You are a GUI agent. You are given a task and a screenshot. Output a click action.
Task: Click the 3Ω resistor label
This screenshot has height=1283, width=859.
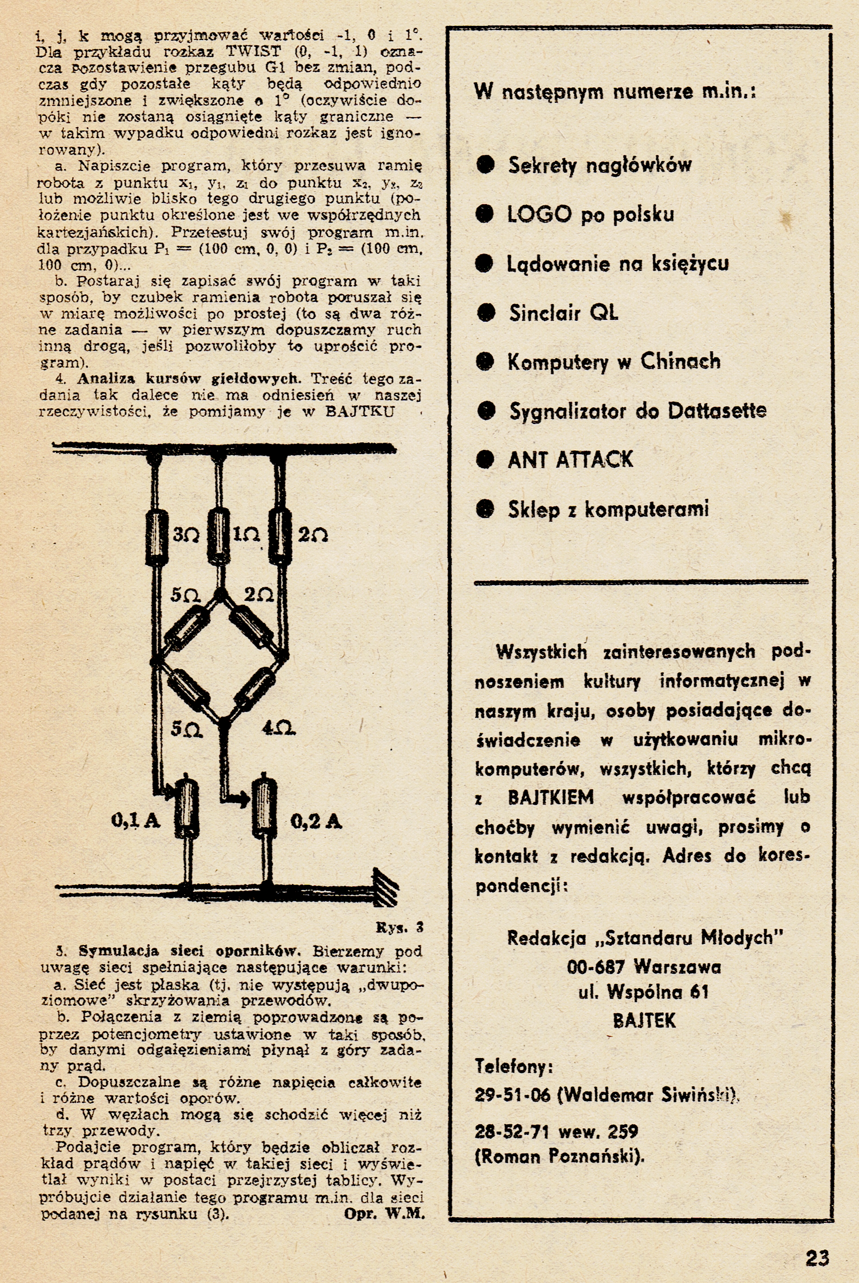[186, 535]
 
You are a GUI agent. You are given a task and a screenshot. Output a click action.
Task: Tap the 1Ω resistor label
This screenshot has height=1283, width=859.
[246, 535]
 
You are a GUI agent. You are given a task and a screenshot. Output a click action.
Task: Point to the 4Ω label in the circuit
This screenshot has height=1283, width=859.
[278, 729]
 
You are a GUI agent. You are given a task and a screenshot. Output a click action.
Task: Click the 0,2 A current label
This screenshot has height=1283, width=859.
[316, 821]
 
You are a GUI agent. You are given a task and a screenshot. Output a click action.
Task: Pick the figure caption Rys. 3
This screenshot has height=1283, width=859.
[399, 928]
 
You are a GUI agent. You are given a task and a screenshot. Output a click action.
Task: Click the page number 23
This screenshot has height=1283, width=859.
[817, 1242]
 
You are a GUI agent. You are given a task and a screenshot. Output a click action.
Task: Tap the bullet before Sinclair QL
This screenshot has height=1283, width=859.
[486, 313]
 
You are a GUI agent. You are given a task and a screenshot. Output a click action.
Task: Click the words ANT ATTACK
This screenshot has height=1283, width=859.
[570, 460]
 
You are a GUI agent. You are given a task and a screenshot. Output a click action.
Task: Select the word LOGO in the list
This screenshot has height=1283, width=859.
[539, 214]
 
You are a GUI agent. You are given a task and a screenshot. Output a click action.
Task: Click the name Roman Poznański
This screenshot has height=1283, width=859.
[560, 1157]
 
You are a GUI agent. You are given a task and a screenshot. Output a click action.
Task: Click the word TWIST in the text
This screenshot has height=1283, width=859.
[253, 52]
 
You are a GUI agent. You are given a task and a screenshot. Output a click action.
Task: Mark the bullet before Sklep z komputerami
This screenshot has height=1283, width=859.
[486, 509]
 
